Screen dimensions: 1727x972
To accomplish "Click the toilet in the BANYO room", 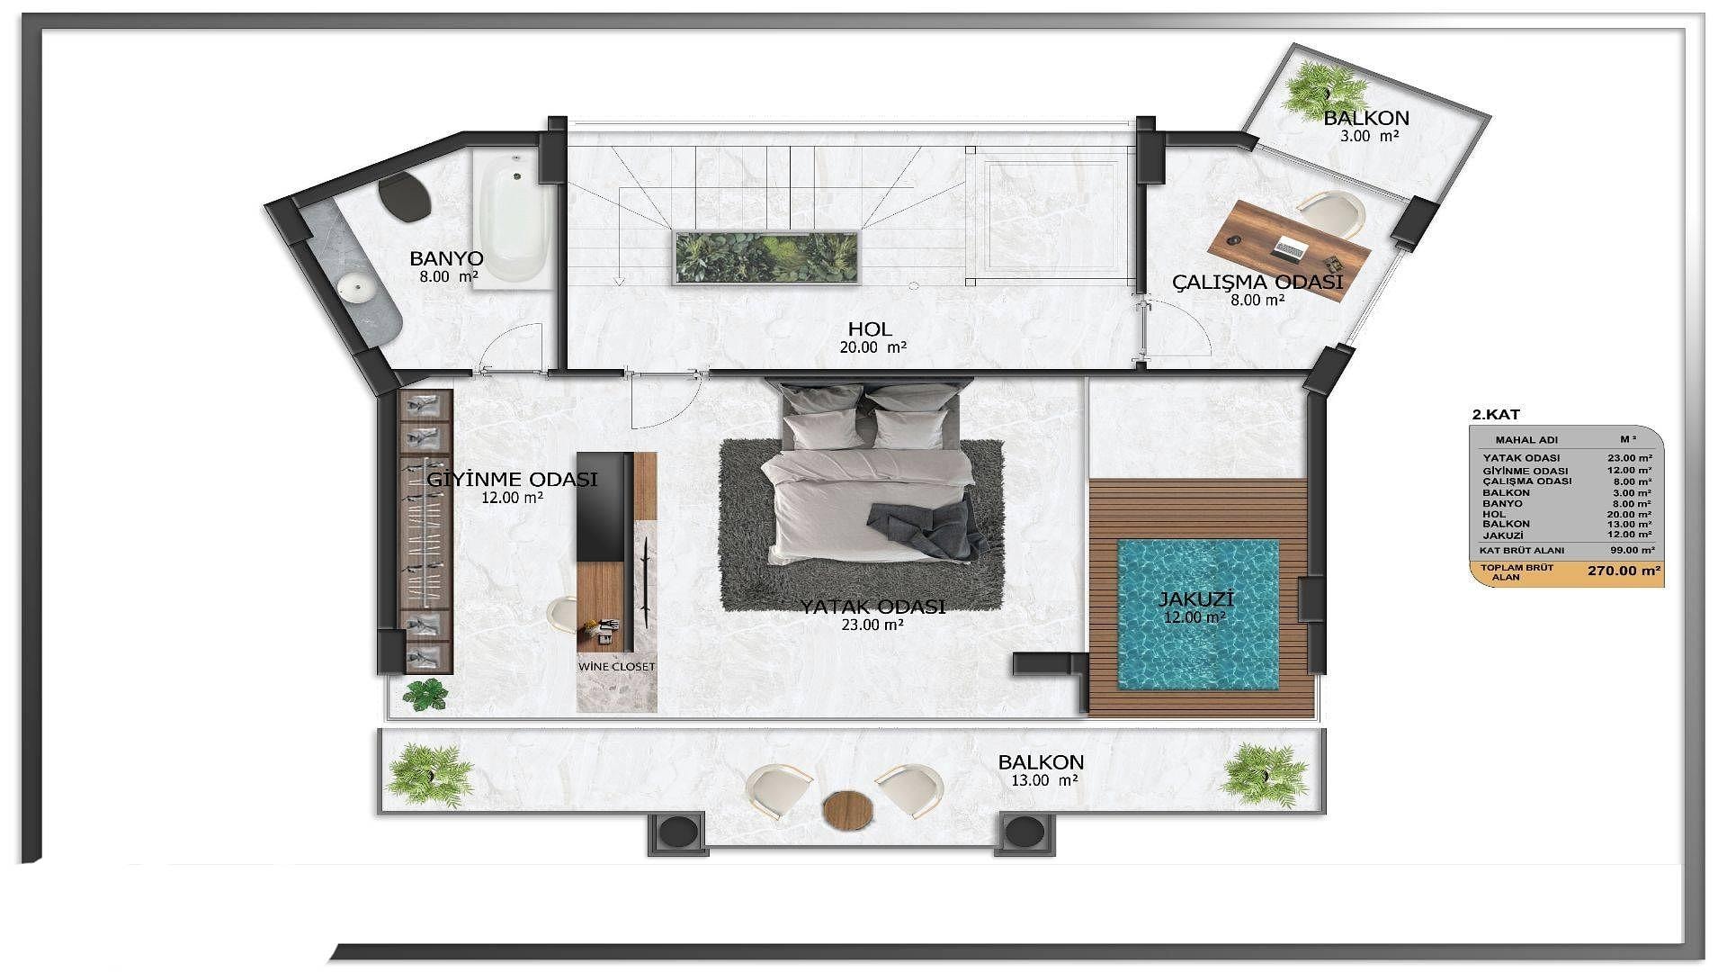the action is point(401,197).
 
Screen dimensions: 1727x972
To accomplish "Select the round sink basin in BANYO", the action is point(356,289).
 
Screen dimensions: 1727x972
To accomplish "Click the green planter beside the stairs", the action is point(765,258).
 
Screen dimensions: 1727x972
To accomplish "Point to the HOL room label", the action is point(870,328).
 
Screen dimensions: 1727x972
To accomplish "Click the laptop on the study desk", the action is point(1291,247).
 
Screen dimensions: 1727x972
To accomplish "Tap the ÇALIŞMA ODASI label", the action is point(1257,283).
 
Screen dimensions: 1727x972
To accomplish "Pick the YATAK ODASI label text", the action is point(872,607).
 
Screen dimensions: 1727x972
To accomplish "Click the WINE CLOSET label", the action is point(616,667).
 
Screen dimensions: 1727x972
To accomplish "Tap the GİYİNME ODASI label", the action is point(512,480).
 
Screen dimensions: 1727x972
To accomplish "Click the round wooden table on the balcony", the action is point(848,808).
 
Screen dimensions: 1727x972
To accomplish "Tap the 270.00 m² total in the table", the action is point(1624,571).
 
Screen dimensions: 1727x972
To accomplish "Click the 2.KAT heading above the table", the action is point(1495,415).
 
